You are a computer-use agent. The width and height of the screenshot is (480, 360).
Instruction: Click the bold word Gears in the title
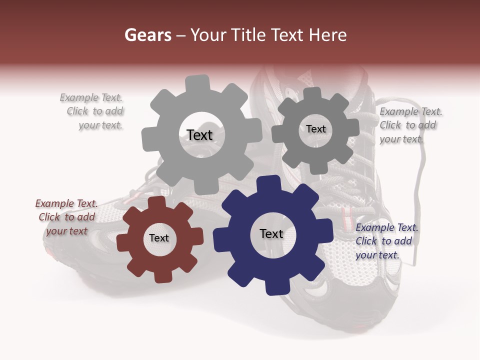[x=147, y=35]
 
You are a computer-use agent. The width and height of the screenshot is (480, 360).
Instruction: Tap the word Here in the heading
[x=327, y=35]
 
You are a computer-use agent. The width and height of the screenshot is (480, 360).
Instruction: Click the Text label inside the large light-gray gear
[x=199, y=135]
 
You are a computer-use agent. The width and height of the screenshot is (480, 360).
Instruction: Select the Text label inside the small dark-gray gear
[x=315, y=129]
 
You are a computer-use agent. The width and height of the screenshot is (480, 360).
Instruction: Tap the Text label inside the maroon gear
[x=159, y=238]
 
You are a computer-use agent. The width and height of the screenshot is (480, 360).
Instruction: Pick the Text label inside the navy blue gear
[x=271, y=233]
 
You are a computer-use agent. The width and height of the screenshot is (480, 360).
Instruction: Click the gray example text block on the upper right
[x=410, y=125]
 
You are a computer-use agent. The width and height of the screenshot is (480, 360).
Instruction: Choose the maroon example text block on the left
[x=66, y=217]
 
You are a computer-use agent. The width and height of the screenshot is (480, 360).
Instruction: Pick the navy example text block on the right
[x=386, y=241]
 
